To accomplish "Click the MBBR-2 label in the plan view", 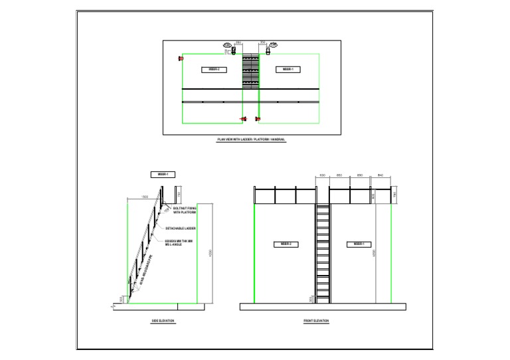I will coord(214,69).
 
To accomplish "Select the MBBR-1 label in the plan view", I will coord(288,69).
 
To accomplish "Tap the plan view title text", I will coord(252,139).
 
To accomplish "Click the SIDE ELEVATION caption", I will coord(163,321).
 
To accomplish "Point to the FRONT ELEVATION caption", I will coord(316,321).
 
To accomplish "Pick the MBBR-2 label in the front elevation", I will coord(286,244).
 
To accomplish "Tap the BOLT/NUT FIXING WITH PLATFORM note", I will coord(185,211).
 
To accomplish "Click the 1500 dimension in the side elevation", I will coord(144,197).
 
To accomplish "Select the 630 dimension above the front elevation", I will coord(322,175).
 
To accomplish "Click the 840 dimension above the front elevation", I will coord(380,175).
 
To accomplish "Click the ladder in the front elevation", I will coord(323,252).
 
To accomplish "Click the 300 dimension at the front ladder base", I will coord(311,299).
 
